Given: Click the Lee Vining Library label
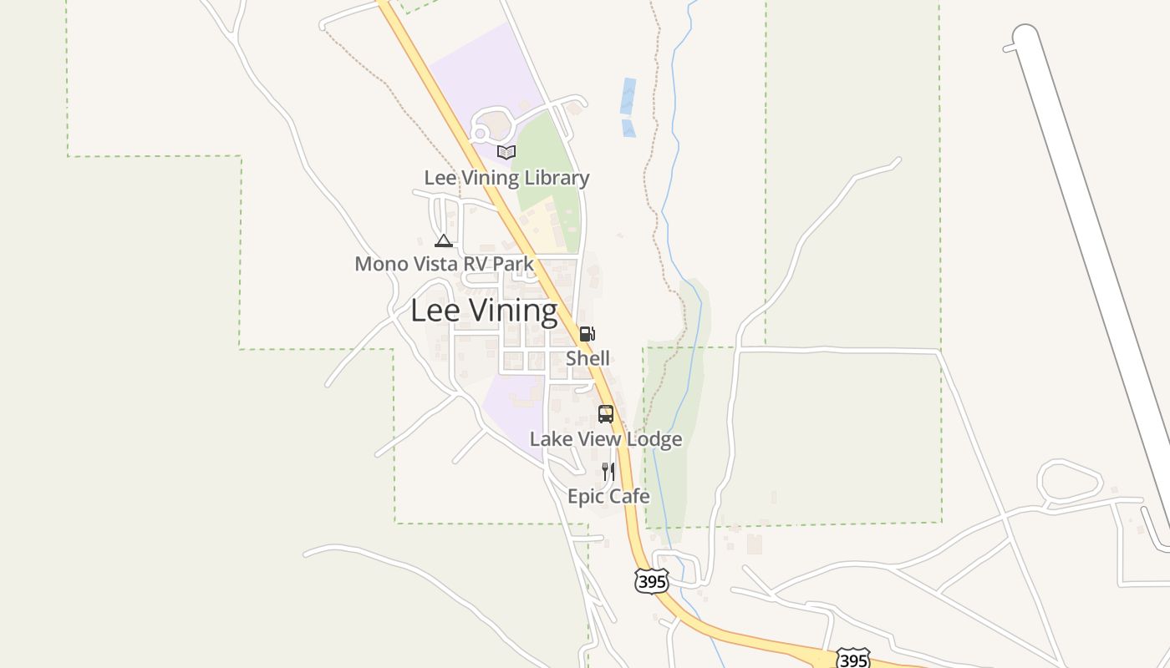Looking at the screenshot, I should (506, 178).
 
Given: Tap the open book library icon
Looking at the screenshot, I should (506, 152).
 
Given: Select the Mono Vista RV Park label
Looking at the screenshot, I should (444, 264).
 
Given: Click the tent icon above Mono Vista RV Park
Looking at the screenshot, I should (444, 241).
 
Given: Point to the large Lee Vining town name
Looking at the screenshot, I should (484, 311).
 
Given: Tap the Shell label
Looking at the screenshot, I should (588, 358).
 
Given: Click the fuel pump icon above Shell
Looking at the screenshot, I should (588, 334).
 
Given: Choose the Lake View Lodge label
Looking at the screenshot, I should (606, 439).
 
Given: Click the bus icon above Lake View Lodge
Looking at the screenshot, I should (606, 414).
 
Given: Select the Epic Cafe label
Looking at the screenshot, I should (608, 496).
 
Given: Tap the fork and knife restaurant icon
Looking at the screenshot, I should (608, 472).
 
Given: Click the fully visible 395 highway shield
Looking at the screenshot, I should (651, 581).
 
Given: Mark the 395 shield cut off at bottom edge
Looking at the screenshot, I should (852, 660).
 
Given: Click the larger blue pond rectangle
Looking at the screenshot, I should (628, 96).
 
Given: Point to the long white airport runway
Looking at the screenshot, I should (1086, 250).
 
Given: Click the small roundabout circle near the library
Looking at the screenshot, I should (480, 133).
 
